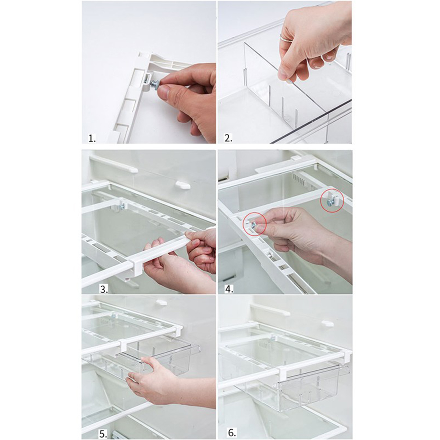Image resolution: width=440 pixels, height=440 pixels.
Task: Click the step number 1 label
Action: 92,138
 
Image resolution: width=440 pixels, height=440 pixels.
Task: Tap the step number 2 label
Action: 228,138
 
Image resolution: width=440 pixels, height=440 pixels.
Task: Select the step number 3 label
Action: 104,289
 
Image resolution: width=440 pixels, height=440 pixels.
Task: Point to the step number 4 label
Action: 229,289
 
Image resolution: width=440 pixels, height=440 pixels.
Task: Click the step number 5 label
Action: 103,435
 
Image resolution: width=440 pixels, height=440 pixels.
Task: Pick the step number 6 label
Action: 232,433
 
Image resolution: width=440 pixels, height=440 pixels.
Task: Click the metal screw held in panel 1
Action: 155,83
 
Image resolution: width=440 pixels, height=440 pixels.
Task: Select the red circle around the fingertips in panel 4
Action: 255,224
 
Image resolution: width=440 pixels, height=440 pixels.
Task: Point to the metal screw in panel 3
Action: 121,207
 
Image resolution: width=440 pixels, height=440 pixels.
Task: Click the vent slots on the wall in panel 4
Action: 299,179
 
